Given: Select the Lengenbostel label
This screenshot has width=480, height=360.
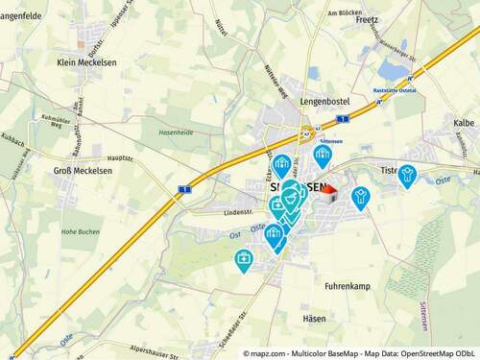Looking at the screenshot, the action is (x=324, y=100).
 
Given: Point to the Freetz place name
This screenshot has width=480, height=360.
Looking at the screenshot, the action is (x=367, y=19).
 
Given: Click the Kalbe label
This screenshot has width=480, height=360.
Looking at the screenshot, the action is (x=464, y=123).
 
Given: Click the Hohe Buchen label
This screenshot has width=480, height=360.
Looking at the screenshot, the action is (x=81, y=231).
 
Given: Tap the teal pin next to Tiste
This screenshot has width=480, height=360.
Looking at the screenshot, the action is (x=408, y=174).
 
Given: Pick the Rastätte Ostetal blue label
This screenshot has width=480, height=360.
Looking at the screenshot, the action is (x=394, y=88).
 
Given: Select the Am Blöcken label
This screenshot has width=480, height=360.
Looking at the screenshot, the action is (x=343, y=12).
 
